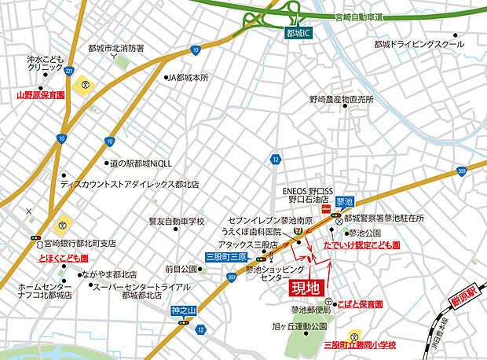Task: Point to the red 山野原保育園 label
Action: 41,94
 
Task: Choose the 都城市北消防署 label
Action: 116,48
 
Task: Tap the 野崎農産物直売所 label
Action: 341,100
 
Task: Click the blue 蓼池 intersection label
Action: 345,202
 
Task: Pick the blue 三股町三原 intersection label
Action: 226,257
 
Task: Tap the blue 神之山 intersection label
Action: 182,311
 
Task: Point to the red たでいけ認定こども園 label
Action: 362,246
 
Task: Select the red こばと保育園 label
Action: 361,303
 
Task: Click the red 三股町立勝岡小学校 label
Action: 360,344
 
